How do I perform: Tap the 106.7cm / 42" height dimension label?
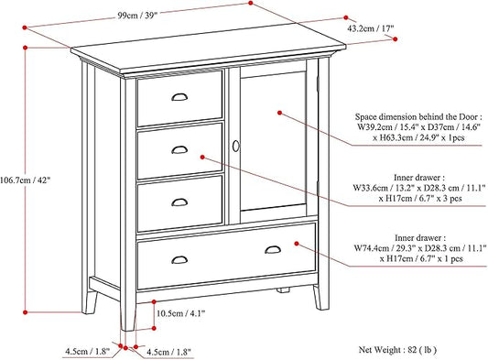(26, 180)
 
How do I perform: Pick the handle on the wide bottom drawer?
(274, 250)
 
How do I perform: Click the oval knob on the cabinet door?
(235, 147)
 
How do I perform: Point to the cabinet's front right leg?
(319, 295)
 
